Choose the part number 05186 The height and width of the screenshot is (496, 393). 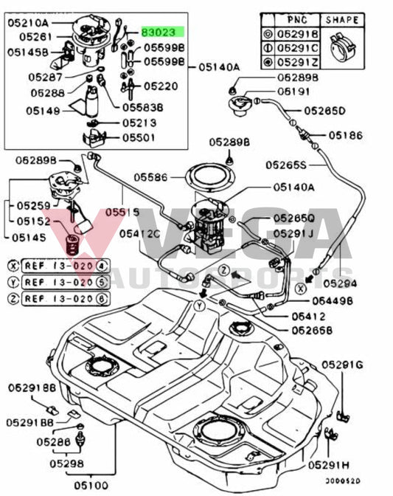point(345,135)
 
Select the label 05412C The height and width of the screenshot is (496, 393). point(139,233)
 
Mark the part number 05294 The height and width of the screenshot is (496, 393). point(358,283)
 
